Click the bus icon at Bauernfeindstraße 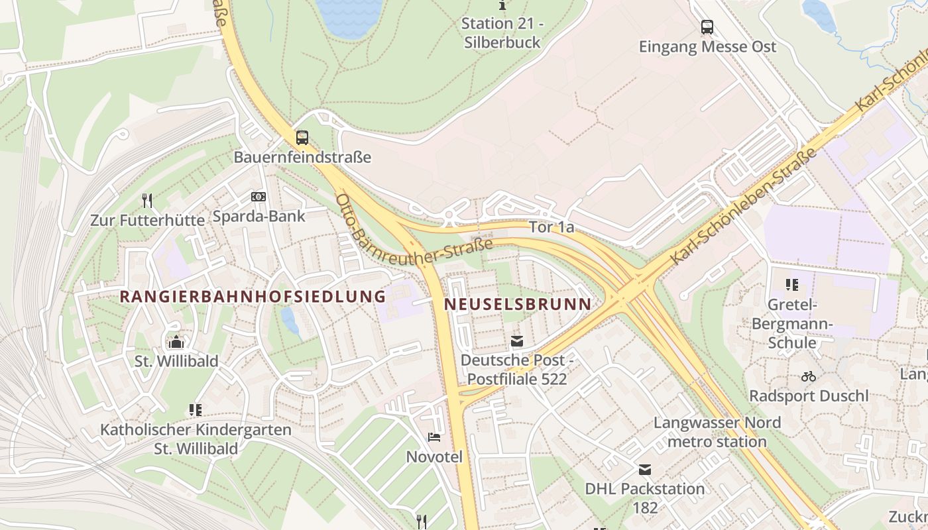pyautogui.click(x=302, y=138)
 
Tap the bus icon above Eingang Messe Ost pyautogui.click(x=707, y=27)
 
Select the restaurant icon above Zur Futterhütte pyautogui.click(x=148, y=200)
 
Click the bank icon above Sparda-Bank pyautogui.click(x=259, y=197)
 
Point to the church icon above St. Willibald pyautogui.click(x=176, y=342)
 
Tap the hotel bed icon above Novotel pyautogui.click(x=434, y=437)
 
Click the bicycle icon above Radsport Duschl pyautogui.click(x=808, y=376)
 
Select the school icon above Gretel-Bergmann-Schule pyautogui.click(x=791, y=285)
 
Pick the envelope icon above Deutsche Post pyautogui.click(x=517, y=342)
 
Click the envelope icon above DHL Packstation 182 pyautogui.click(x=644, y=470)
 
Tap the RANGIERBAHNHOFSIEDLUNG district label pyautogui.click(x=253, y=296)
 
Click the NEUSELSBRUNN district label pyautogui.click(x=518, y=304)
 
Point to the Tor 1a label pyautogui.click(x=551, y=227)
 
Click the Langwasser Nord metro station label pyautogui.click(x=717, y=432)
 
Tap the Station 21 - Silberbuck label pyautogui.click(x=502, y=32)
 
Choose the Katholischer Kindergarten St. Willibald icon pyautogui.click(x=195, y=410)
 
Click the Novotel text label pyautogui.click(x=434, y=457)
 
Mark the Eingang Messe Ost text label pyautogui.click(x=707, y=47)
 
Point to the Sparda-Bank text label pyautogui.click(x=259, y=216)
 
